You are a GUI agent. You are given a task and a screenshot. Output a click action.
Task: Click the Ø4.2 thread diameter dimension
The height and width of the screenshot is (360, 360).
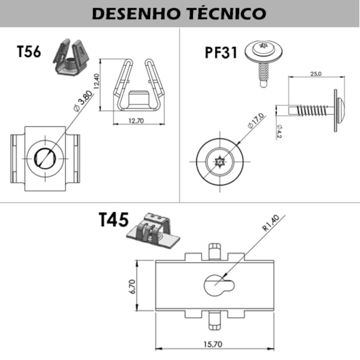(x=279, y=129)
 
